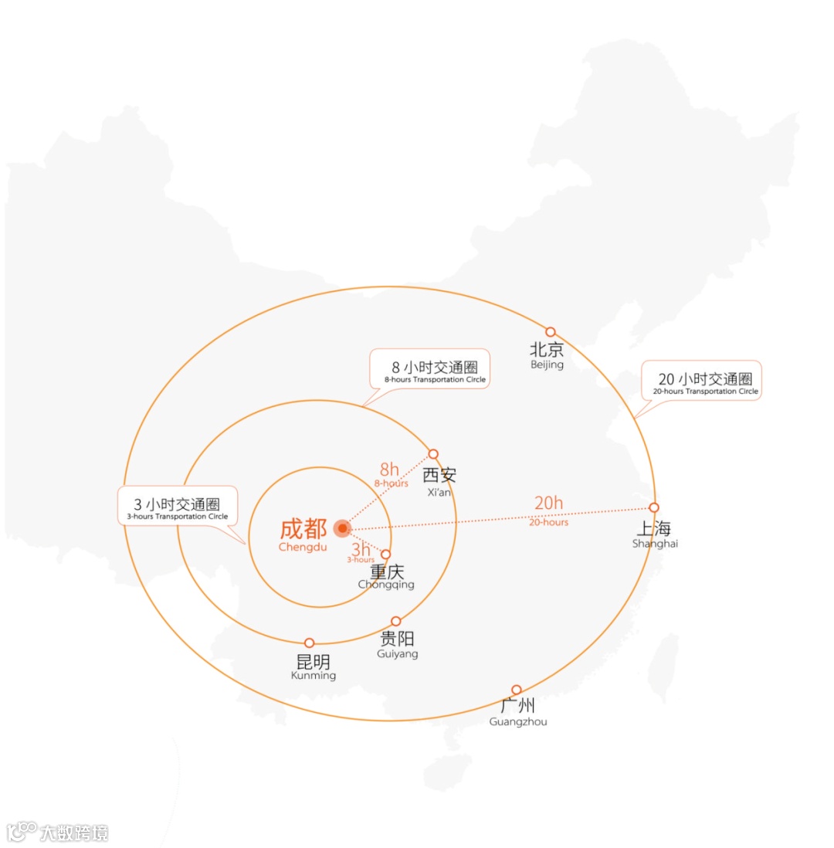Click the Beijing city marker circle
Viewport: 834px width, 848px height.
[551, 332]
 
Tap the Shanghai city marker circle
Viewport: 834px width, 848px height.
[654, 507]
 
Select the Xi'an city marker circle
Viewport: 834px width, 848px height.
[433, 454]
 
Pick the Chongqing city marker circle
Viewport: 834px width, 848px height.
[386, 554]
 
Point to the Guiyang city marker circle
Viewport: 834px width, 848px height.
[396, 621]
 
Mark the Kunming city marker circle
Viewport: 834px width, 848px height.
[310, 643]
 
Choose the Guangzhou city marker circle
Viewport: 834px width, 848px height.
[517, 690]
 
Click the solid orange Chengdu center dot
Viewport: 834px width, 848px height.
[343, 528]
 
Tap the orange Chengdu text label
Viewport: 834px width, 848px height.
[303, 530]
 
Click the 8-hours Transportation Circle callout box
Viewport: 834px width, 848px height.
[429, 368]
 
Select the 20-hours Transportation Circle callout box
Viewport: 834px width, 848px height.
[701, 380]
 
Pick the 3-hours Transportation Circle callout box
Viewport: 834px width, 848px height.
[178, 506]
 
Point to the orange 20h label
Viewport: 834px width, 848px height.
[548, 504]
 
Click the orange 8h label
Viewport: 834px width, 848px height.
[389, 470]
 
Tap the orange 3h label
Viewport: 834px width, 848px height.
[361, 549]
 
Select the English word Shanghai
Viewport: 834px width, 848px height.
[655, 544]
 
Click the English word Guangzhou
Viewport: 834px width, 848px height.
[517, 721]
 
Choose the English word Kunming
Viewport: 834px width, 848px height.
[314, 675]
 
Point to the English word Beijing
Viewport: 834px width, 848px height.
[547, 364]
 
